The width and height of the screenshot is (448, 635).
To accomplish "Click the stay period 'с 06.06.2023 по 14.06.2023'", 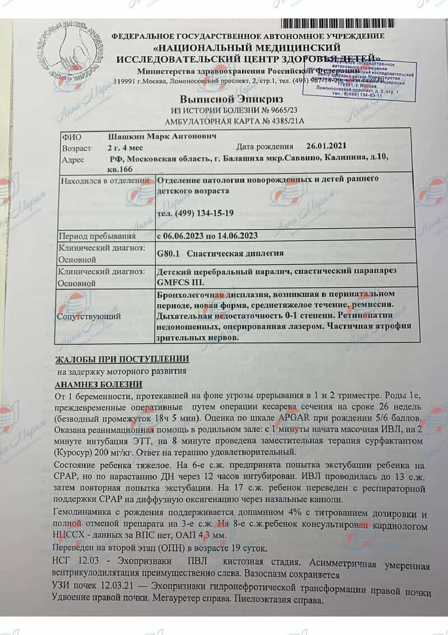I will click(208, 236).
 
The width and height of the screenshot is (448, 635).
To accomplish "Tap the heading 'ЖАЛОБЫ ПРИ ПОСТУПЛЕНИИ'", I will click(122, 359).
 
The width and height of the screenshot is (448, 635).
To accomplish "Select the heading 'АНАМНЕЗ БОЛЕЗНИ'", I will click(99, 384).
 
